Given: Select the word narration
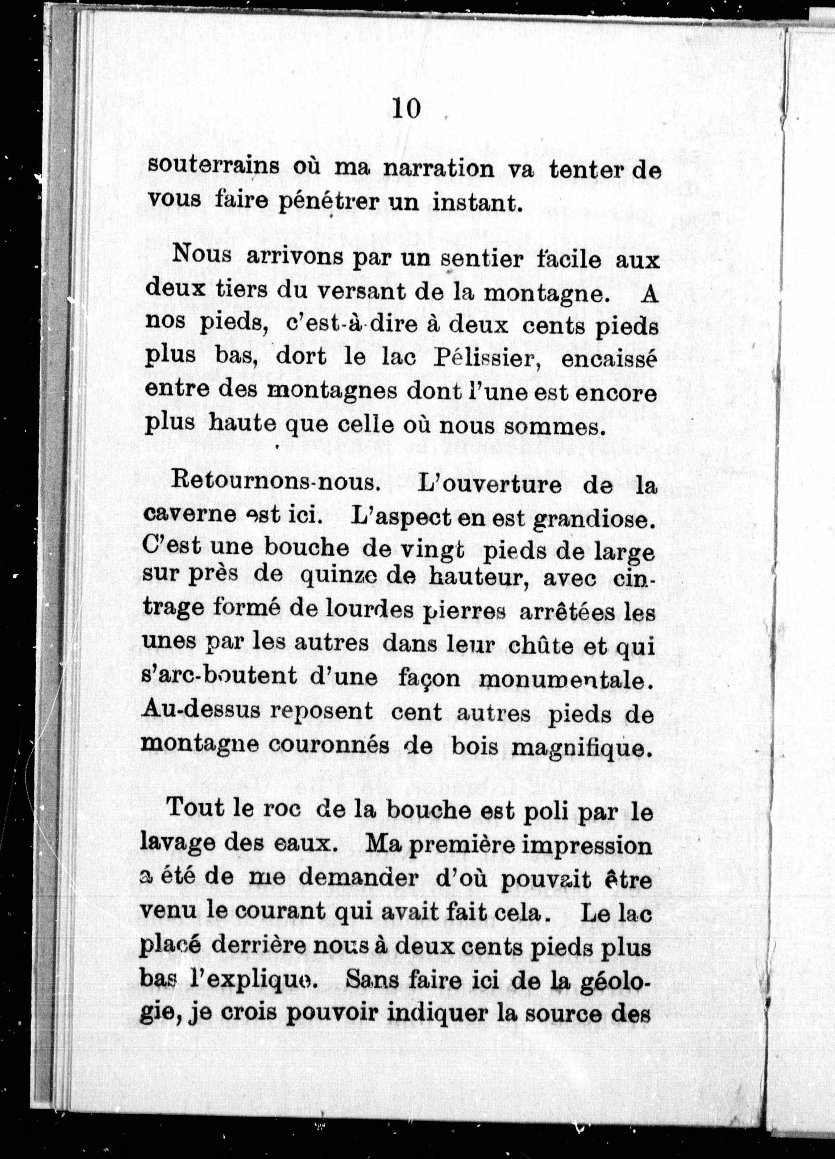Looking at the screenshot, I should pos(439,169).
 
